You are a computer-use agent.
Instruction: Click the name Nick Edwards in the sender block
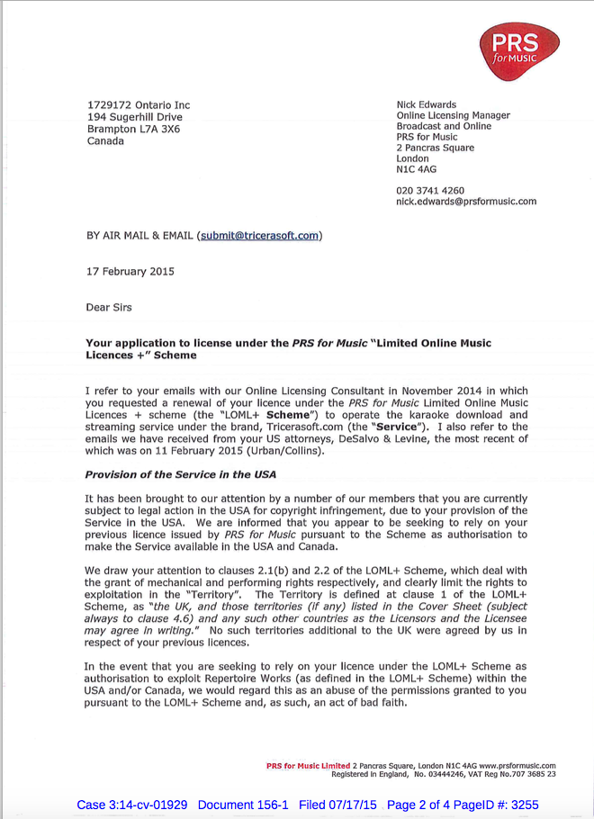426,105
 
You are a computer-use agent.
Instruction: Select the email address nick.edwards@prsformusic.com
465,202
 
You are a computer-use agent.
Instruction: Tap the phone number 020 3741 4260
429,191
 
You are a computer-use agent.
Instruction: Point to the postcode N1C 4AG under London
416,169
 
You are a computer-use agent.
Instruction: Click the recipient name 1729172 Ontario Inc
138,105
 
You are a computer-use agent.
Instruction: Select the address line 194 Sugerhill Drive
134,117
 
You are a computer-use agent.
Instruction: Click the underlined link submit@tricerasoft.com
259,236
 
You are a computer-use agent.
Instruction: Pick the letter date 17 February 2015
130,272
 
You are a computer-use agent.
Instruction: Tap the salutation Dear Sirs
108,308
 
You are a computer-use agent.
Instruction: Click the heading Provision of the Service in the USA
180,474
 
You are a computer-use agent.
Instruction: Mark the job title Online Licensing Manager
453,116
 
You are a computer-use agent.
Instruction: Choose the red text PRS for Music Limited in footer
308,766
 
